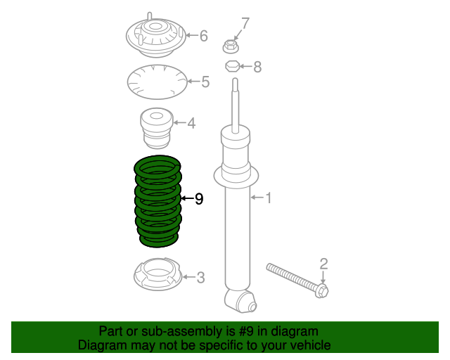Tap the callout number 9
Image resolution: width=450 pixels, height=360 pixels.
click(x=199, y=199)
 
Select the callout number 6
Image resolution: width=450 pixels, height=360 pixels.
click(x=203, y=36)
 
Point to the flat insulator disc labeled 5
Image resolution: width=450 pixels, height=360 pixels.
click(x=157, y=82)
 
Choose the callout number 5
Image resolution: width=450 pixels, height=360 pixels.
click(x=205, y=82)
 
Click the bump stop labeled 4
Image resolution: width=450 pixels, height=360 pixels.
click(x=156, y=128)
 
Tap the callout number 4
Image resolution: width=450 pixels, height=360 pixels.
click(x=191, y=123)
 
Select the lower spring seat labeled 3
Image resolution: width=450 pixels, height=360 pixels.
click(x=157, y=275)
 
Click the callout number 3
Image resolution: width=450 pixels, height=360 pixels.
click(x=200, y=278)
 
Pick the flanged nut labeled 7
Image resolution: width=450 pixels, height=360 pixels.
click(x=231, y=46)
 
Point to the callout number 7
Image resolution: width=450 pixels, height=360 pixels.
click(x=245, y=23)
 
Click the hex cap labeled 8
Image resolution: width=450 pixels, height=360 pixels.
click(x=232, y=66)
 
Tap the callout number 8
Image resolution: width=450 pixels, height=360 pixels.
click(x=257, y=67)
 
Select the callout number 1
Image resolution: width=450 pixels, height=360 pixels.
click(x=269, y=198)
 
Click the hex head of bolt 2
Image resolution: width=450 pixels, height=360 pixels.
click(x=323, y=290)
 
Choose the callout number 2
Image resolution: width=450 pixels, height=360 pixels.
click(x=323, y=264)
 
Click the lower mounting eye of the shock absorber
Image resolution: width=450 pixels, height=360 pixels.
click(x=240, y=301)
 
